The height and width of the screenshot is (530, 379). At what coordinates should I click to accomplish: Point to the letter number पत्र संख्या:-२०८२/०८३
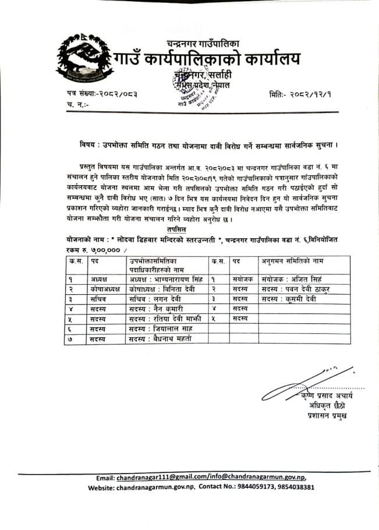tap(102, 94)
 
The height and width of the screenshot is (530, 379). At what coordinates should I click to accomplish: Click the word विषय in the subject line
tap(89, 143)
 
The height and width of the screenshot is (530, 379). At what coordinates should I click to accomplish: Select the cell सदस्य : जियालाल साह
tap(158, 328)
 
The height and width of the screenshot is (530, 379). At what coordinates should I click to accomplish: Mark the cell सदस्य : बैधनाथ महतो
tap(160, 338)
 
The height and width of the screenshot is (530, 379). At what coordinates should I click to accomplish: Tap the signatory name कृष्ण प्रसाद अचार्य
tap(327, 396)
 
